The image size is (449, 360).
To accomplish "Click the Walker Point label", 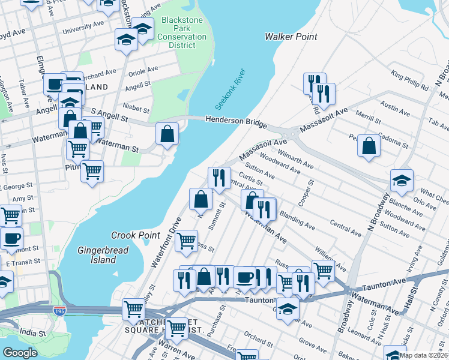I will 291,37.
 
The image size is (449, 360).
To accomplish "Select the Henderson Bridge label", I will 236,121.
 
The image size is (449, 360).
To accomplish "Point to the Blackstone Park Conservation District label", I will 182,32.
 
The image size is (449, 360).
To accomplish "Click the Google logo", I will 20,353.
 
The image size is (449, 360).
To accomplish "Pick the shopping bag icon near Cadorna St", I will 369,145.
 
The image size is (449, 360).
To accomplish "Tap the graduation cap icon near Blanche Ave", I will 402,179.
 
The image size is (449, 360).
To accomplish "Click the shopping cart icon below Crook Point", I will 187,240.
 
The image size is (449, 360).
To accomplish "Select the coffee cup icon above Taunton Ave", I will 244,277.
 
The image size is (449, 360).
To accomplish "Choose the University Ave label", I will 83,28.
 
